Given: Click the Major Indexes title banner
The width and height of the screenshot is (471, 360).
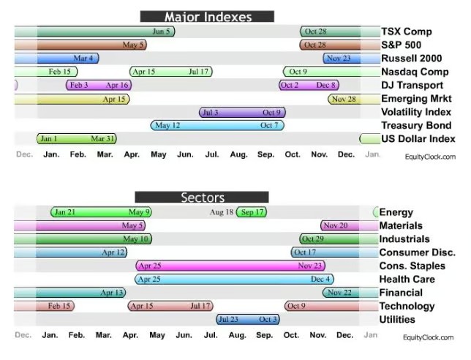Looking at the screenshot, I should coord(207,16).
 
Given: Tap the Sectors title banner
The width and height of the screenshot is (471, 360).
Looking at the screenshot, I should coord(202,197).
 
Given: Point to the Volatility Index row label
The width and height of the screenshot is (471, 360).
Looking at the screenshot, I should coord(416,113).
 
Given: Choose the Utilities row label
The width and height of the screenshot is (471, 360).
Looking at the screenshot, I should coord(397,320).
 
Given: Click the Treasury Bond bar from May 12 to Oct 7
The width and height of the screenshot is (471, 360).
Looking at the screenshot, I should coord(216,126).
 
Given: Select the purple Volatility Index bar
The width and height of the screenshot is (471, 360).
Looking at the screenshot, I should coord(242,113).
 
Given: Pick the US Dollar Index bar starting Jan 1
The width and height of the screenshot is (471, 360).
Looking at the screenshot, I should coord(77,139).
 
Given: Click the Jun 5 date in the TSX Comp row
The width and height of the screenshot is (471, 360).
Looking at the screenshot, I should coord(161,31).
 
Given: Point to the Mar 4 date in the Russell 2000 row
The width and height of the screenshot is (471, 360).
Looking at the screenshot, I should coord(83,59).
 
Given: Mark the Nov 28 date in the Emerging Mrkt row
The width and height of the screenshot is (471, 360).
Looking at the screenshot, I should coord(344,99).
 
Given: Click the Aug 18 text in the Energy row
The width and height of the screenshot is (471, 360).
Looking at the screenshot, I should coord(221,212).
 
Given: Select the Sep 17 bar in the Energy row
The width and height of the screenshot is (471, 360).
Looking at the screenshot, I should coord(252,212).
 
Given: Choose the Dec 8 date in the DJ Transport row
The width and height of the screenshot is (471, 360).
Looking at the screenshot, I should coord(326,86).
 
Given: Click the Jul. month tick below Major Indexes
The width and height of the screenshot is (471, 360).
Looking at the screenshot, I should coord(212,155).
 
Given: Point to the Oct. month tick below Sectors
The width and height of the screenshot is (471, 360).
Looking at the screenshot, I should coord(292,335).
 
